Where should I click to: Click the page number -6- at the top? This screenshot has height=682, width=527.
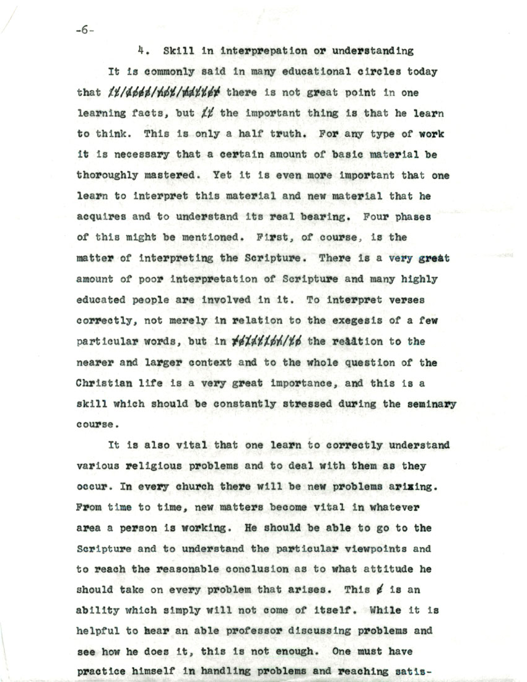(86, 30)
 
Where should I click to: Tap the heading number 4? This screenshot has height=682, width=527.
(142, 51)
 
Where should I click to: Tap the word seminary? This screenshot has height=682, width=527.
(432, 404)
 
